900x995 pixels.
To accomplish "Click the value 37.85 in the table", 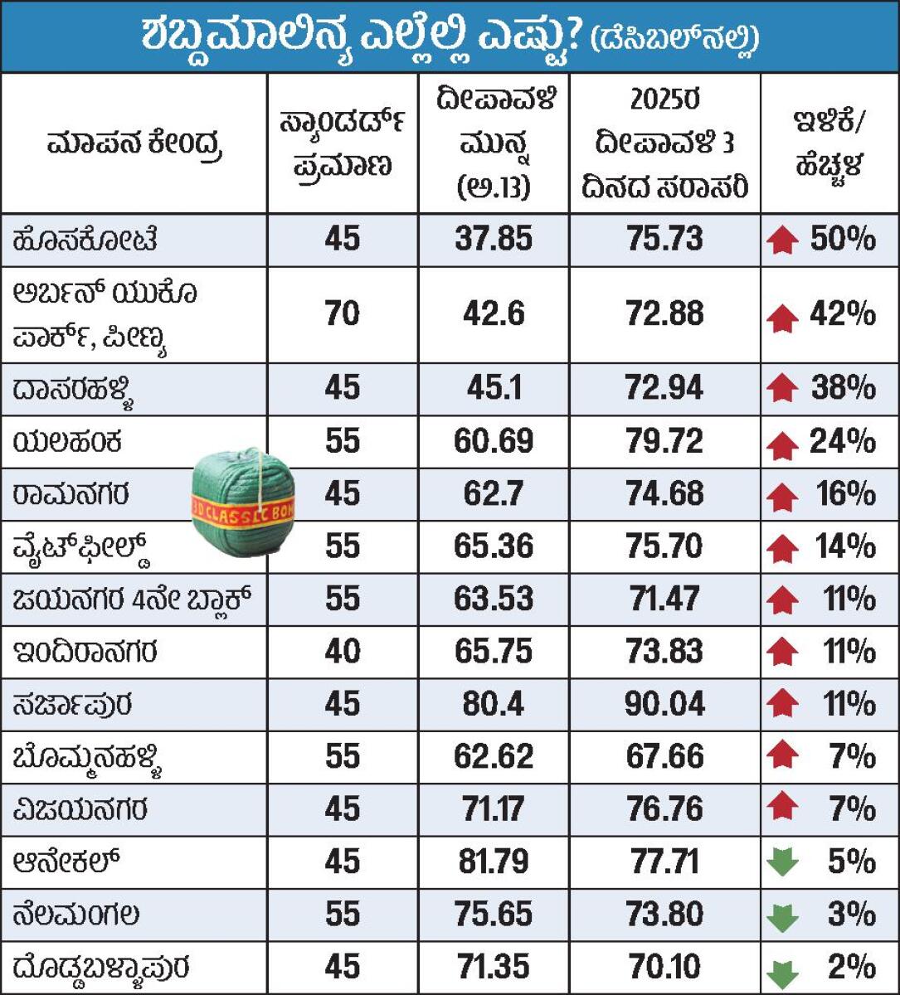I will [x=494, y=239].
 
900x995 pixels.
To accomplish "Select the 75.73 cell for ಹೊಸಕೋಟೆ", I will [x=664, y=239].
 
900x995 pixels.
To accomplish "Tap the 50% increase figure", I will [x=842, y=239].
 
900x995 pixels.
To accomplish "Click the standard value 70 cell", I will [x=342, y=313].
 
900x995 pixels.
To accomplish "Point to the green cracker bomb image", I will [x=242, y=501].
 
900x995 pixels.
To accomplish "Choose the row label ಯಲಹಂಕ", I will [x=68, y=441].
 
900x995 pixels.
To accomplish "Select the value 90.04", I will [x=664, y=704].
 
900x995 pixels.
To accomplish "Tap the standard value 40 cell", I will [x=342, y=652].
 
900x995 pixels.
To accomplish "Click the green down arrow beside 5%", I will [x=782, y=862].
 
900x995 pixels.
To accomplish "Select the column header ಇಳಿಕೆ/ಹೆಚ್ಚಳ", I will [x=828, y=143].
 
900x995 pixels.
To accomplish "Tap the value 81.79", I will [x=494, y=862].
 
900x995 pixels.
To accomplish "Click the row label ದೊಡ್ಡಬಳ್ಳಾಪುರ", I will [x=101, y=968].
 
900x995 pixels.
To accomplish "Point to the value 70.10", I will [x=664, y=967].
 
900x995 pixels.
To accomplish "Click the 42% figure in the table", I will [x=842, y=313].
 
